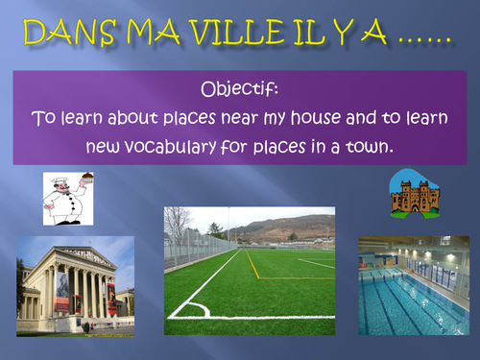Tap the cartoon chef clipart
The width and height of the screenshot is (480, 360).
pyautogui.click(x=66, y=199)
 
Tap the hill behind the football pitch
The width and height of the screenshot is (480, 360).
pyautogui.click(x=278, y=228)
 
